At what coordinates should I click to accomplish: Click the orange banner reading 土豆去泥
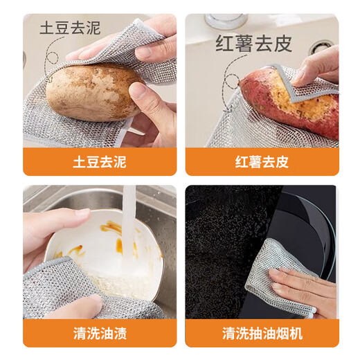[100, 162]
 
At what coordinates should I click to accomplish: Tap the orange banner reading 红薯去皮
[262, 162]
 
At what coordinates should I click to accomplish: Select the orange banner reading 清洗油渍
[100, 333]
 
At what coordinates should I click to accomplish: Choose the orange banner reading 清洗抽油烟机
[262, 333]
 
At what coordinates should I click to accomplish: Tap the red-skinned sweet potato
[291, 104]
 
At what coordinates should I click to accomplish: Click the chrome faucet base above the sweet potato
[225, 21]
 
